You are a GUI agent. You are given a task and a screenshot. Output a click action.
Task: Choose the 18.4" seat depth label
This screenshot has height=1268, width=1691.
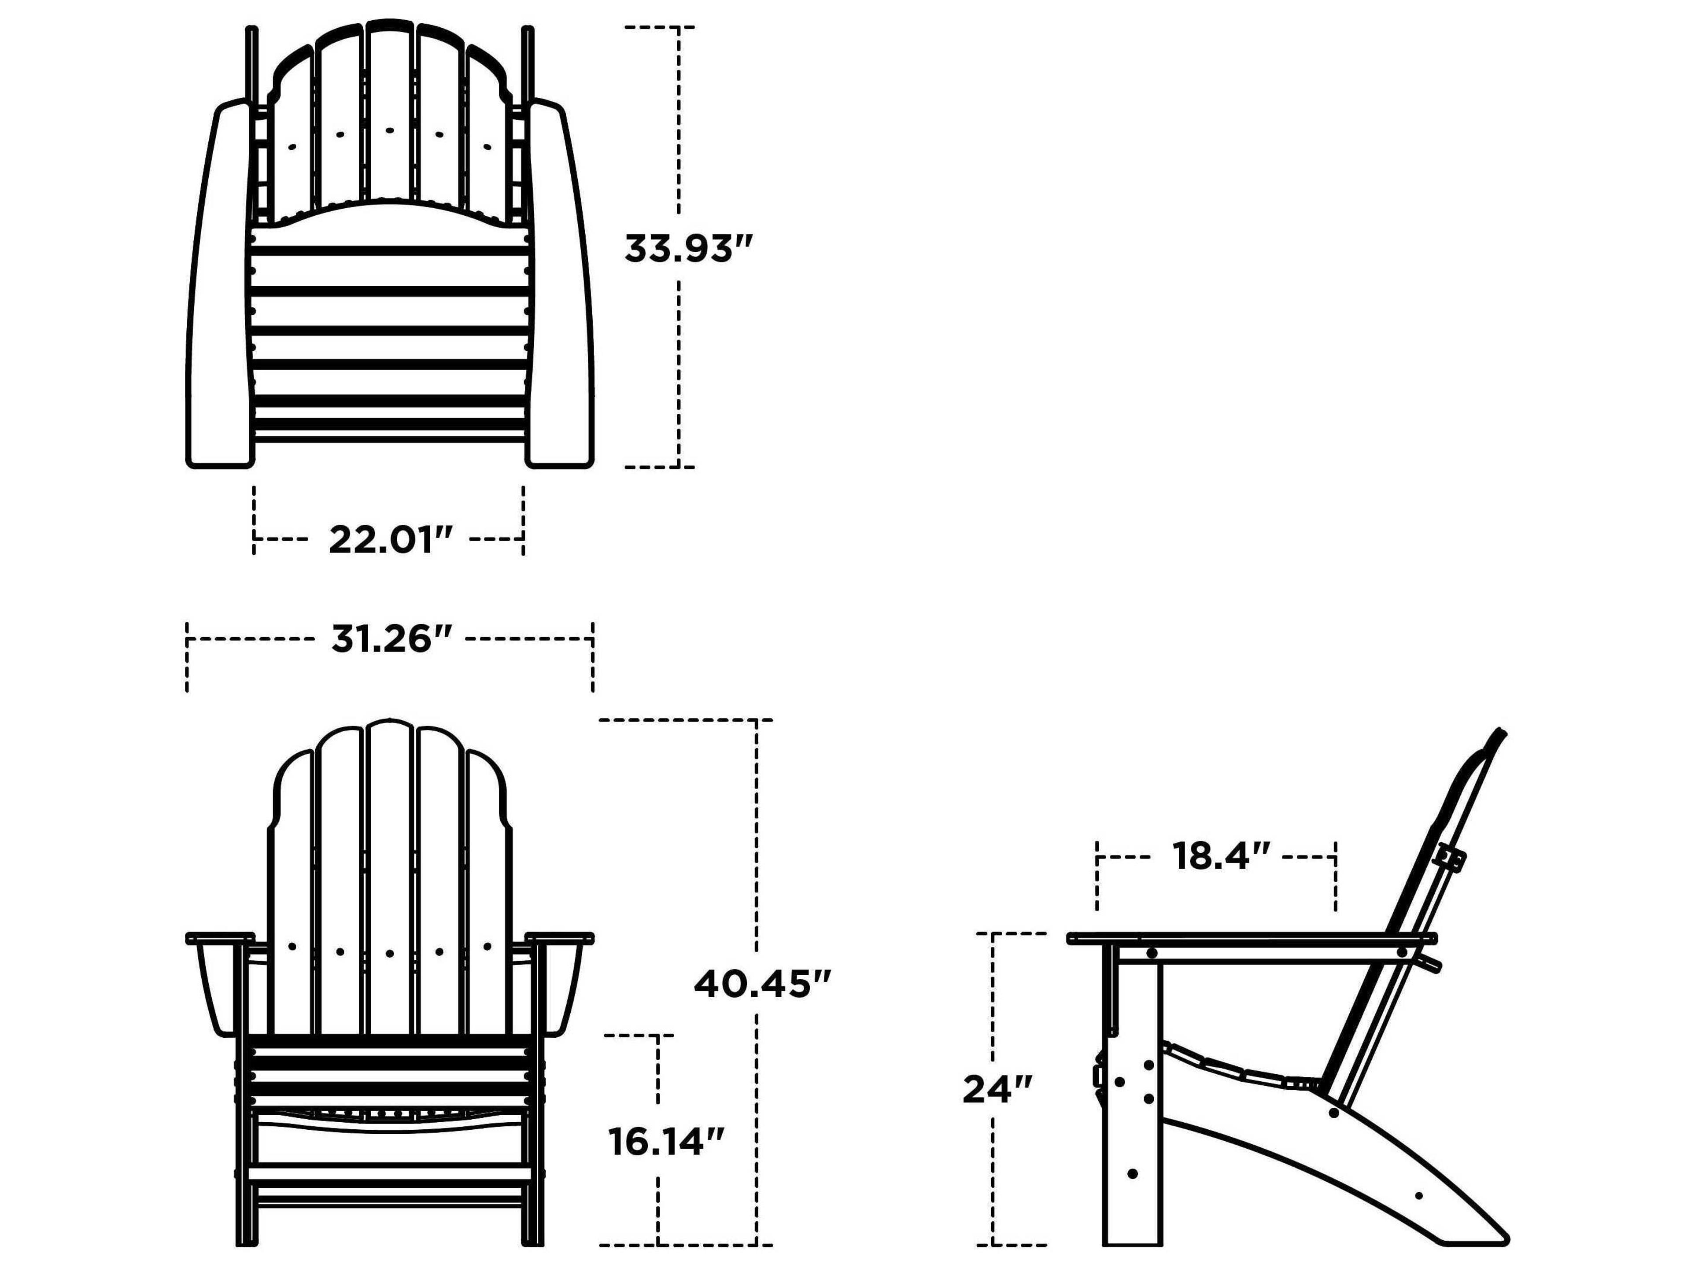(x=1221, y=857)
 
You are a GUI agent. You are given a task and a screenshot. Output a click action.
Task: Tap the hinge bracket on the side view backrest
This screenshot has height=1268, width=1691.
(x=1447, y=858)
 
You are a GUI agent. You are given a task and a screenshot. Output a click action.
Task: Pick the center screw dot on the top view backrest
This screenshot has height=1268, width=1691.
(x=390, y=131)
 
